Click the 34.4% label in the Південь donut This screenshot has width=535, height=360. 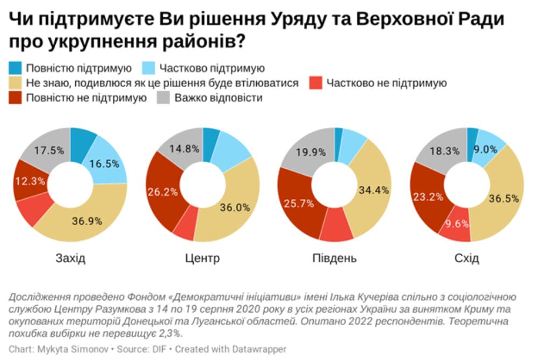point(373,190)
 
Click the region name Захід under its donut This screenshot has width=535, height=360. point(70,258)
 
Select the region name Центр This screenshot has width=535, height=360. point(203,258)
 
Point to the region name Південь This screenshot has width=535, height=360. point(334,258)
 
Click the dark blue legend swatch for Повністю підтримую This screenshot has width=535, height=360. point(16,68)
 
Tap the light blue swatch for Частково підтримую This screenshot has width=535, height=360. point(148,68)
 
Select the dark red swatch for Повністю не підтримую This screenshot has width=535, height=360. point(16,98)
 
